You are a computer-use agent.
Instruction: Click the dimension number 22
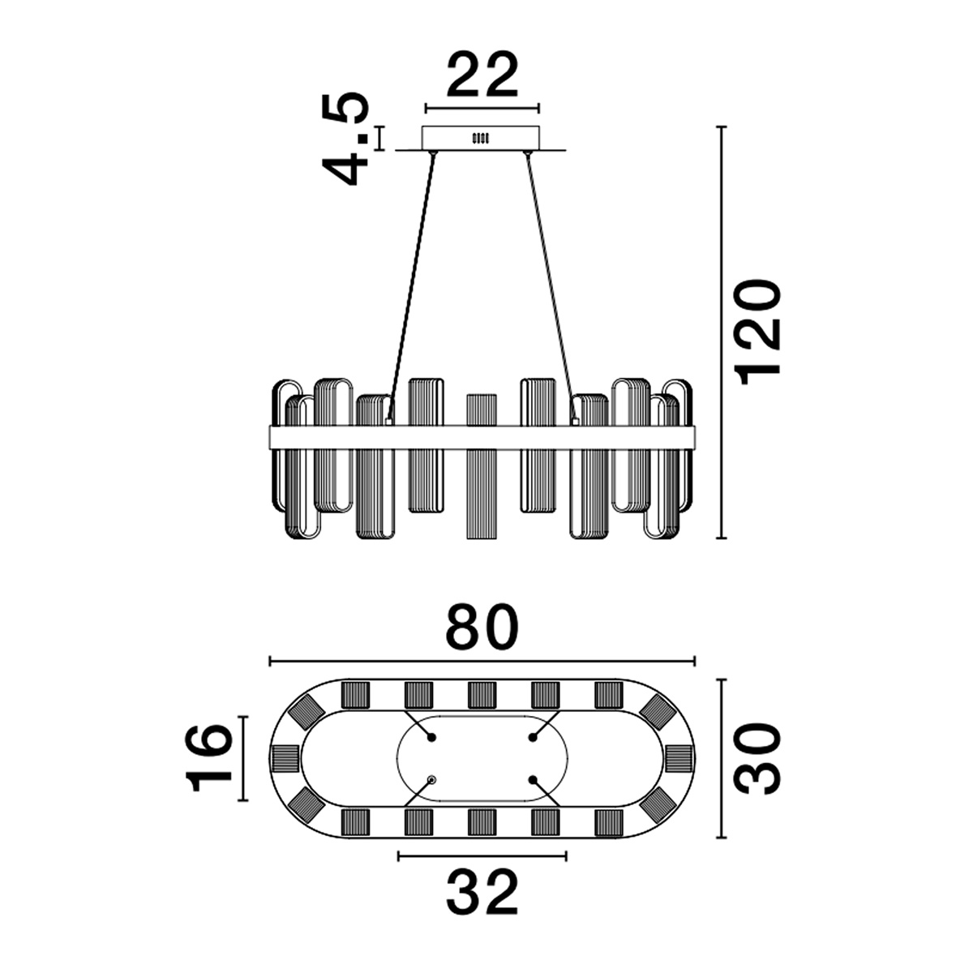click(x=482, y=75)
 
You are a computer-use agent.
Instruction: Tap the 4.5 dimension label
click(x=345, y=139)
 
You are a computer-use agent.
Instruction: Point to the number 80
click(x=482, y=627)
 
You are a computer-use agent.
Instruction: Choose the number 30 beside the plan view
click(x=757, y=758)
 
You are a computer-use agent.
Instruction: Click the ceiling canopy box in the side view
click(x=481, y=138)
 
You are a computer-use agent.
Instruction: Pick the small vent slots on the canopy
click(x=481, y=138)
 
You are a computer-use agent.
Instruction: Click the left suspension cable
click(x=411, y=285)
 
